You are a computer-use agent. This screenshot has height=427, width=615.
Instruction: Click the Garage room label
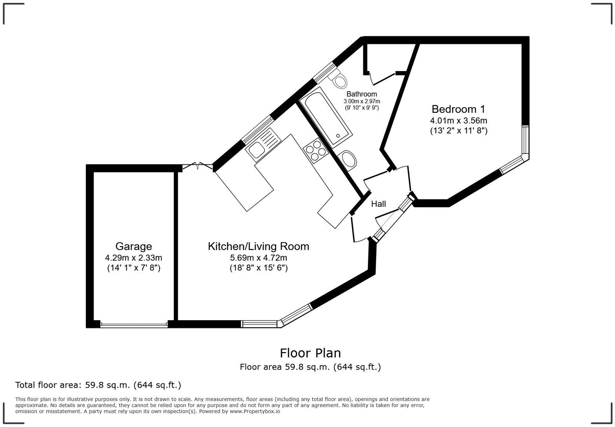click(133, 246)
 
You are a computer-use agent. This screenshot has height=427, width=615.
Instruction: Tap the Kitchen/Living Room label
click(258, 246)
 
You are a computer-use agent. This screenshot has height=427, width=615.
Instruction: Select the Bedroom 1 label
click(458, 109)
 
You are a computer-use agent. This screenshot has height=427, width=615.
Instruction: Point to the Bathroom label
click(361, 94)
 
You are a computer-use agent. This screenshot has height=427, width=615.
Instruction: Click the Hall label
click(378, 204)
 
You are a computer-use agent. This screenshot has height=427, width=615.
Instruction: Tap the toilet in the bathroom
click(338, 80)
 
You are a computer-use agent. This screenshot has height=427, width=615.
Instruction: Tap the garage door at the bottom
click(134, 325)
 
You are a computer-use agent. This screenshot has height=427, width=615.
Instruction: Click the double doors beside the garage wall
click(197, 166)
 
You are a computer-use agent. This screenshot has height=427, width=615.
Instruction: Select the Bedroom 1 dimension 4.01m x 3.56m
click(458, 120)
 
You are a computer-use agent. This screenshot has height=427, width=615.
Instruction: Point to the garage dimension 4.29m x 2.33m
click(133, 258)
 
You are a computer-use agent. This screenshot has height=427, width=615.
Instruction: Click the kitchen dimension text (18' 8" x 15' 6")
click(258, 268)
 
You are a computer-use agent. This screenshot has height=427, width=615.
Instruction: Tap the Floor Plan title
click(310, 353)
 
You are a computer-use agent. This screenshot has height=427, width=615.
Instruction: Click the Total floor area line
click(98, 385)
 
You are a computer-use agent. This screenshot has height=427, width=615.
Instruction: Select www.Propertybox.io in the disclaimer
click(255, 411)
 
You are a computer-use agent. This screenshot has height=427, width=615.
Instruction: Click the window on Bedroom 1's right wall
click(525, 139)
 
